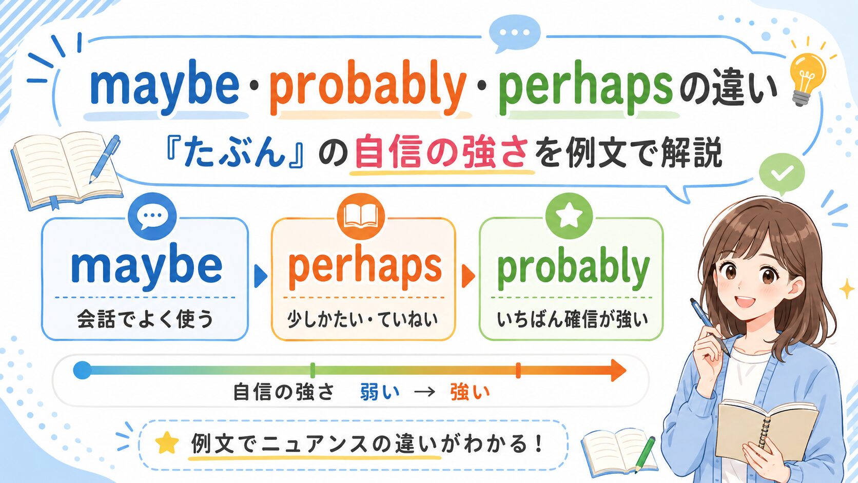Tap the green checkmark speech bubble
pos(782,175)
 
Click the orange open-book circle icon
pos(361,217)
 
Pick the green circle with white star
pos(569,216)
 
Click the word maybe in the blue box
pos(146,266)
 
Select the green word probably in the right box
pos(573,268)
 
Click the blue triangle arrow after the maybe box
pos(261,276)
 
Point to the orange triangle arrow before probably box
pos(469,276)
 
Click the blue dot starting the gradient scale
pos(82,371)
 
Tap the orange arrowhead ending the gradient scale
pos(618,371)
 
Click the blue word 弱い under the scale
pos(380,392)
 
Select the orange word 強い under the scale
pos(470,392)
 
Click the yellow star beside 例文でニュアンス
pos(167,443)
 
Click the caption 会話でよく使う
pos(145,319)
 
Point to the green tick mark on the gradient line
pos(313,371)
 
